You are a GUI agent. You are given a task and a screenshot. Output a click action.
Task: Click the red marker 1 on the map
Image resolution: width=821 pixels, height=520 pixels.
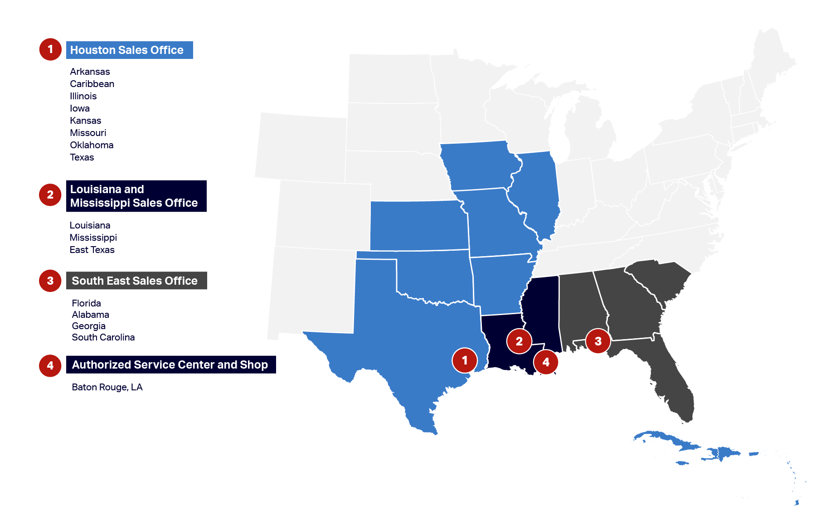pos(465,360)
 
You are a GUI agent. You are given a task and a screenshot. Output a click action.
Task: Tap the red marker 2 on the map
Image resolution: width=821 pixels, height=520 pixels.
pos(519,341)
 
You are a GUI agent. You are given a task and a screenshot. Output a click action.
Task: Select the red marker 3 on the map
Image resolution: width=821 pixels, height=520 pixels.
pos(598,341)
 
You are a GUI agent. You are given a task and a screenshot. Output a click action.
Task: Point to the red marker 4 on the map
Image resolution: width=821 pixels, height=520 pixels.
pos(546,362)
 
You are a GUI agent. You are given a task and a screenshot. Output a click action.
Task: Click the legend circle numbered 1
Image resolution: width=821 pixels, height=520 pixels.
pos(50,49)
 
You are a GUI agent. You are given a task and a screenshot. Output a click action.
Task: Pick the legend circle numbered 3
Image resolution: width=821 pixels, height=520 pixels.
pos(50,281)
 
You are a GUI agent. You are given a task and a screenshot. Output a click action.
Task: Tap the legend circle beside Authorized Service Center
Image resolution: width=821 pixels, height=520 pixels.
pos(50,365)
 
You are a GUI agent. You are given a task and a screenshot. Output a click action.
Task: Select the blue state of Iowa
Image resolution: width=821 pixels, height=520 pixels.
pos(478,165)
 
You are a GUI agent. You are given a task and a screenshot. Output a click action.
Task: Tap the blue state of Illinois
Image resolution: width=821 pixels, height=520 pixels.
pos(537,190)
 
